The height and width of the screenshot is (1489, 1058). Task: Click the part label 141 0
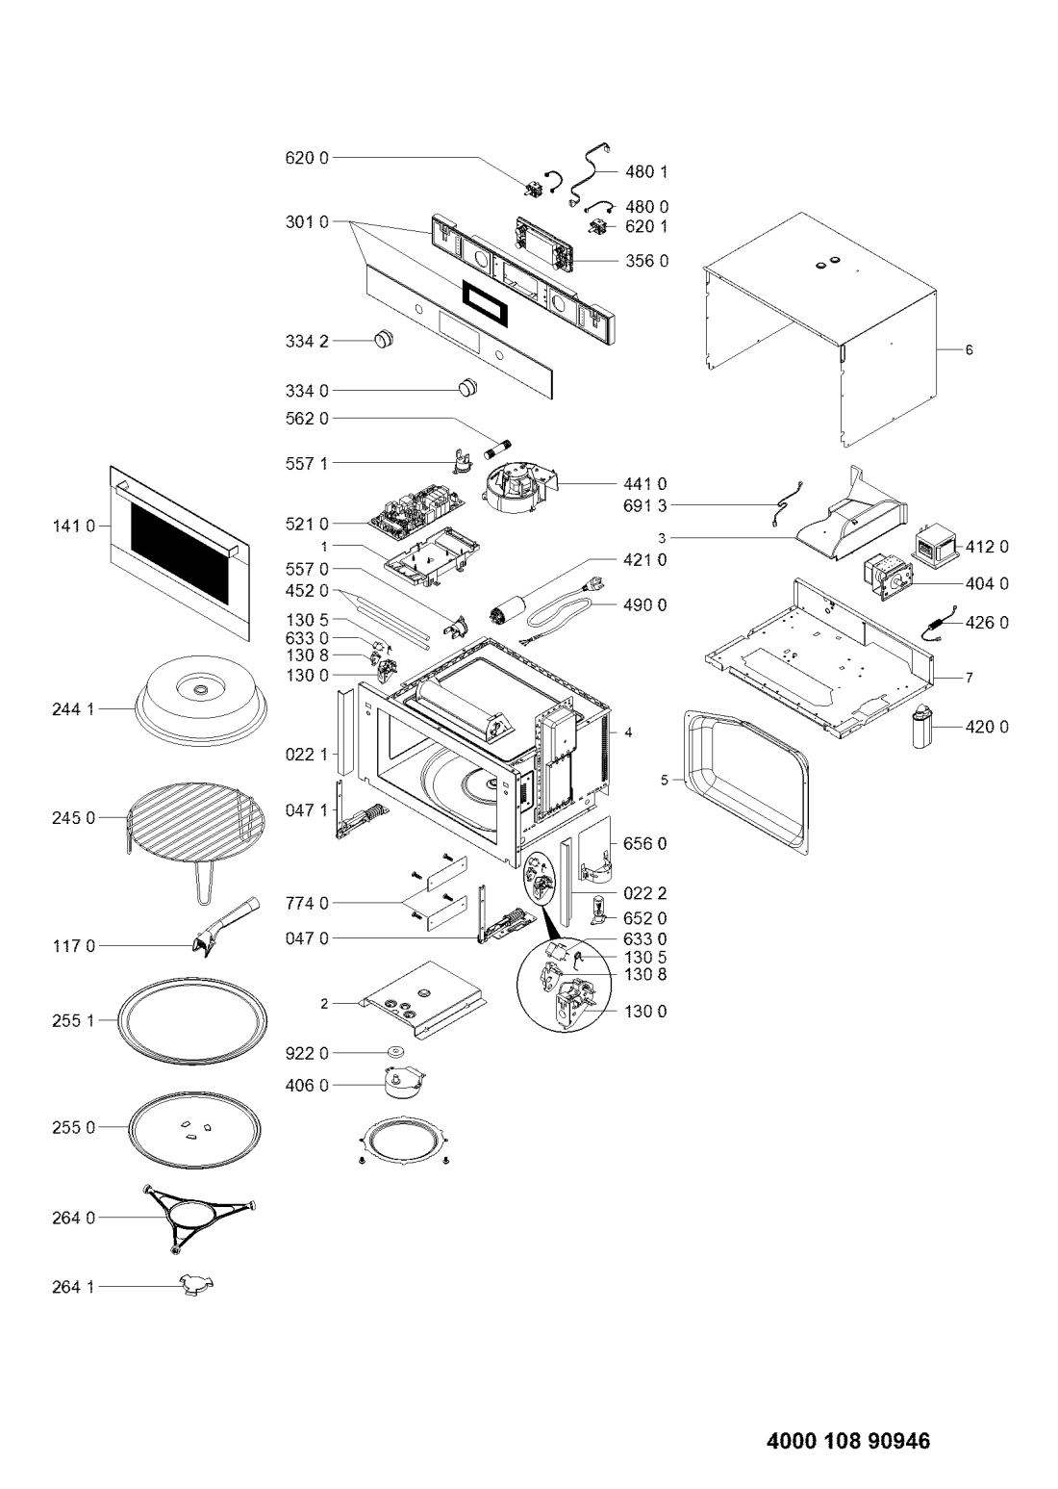[x=74, y=526]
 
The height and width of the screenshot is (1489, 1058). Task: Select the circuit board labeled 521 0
[x=416, y=509]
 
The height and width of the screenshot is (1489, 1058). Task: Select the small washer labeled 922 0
[x=398, y=1052]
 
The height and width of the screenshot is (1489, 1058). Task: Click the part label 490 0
[x=644, y=605]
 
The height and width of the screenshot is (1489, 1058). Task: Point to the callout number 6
[x=969, y=349]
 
